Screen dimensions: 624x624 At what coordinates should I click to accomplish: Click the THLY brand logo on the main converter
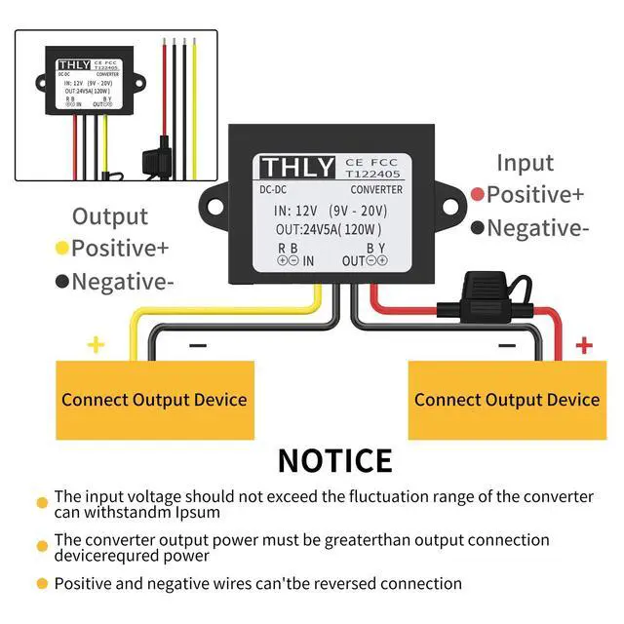pyautogui.click(x=297, y=167)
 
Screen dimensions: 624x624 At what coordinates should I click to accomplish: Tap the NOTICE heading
pyautogui.click(x=334, y=459)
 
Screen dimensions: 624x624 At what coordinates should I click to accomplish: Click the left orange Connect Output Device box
pyautogui.click(x=154, y=400)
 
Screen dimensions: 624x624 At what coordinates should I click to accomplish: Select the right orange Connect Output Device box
pyautogui.click(x=506, y=400)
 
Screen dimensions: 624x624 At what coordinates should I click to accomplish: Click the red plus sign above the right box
pyautogui.click(x=584, y=345)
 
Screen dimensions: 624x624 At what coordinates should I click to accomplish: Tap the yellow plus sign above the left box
pyautogui.click(x=96, y=345)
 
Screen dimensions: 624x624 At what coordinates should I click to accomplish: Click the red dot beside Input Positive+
pyautogui.click(x=477, y=194)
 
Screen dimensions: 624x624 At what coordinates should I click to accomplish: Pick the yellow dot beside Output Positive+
pyautogui.click(x=61, y=248)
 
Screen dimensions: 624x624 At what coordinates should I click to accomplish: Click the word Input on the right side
pyautogui.click(x=525, y=163)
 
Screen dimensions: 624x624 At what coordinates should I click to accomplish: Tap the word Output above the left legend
pyautogui.click(x=110, y=216)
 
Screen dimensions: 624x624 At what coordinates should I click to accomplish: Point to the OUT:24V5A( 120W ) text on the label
pyautogui.click(x=328, y=230)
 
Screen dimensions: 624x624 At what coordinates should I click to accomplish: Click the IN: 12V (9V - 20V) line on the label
pyautogui.click(x=331, y=210)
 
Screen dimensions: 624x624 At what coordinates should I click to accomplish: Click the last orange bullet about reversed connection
pyautogui.click(x=42, y=584)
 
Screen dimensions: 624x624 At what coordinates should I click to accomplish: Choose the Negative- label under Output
pyautogui.click(x=122, y=282)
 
